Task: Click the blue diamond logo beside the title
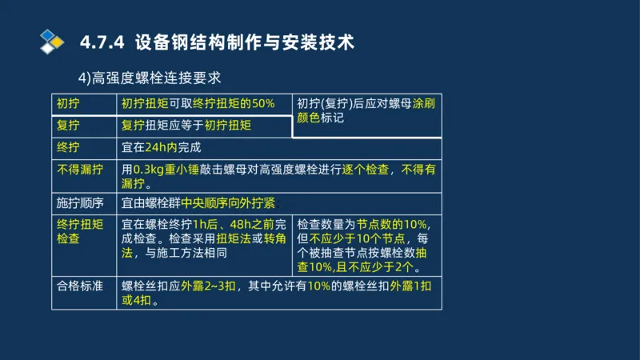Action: tap(51, 41)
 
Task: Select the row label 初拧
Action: tap(68, 103)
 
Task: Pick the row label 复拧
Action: tap(68, 126)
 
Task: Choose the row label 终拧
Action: tap(68, 147)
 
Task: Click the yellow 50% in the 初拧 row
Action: tap(262, 103)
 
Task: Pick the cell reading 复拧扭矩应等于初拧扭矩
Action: tap(186, 126)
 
